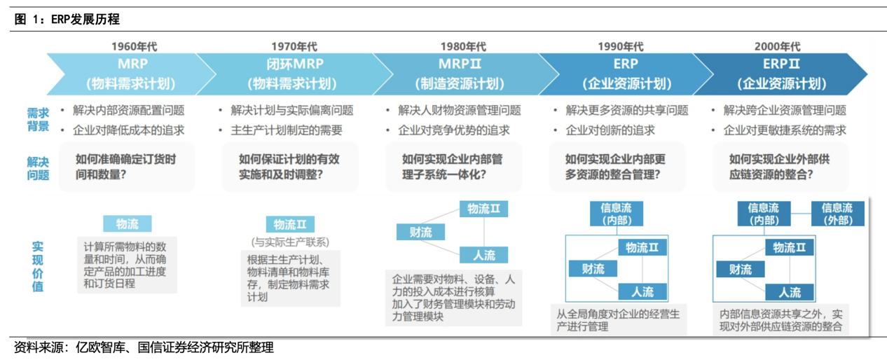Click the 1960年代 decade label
[x=135, y=47]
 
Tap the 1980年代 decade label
[x=463, y=47]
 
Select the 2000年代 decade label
[x=778, y=47]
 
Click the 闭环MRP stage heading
[x=287, y=65]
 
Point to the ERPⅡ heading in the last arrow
[x=781, y=65]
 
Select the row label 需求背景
[x=38, y=120]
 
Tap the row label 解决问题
[x=38, y=168]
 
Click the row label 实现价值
[x=38, y=266]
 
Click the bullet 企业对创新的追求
[x=610, y=130]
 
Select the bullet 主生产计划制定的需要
[x=287, y=130]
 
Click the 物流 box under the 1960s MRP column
[x=127, y=224]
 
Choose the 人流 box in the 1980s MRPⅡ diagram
[x=483, y=254]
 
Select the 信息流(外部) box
[x=837, y=214]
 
